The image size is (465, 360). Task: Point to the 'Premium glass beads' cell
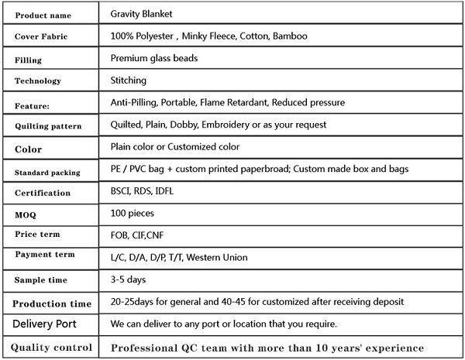click(153, 58)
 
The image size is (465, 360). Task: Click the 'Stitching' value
click(129, 80)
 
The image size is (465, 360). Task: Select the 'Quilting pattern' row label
click(47, 125)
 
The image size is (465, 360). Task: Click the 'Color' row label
click(28, 149)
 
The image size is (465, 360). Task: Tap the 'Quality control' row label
click(51, 347)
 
